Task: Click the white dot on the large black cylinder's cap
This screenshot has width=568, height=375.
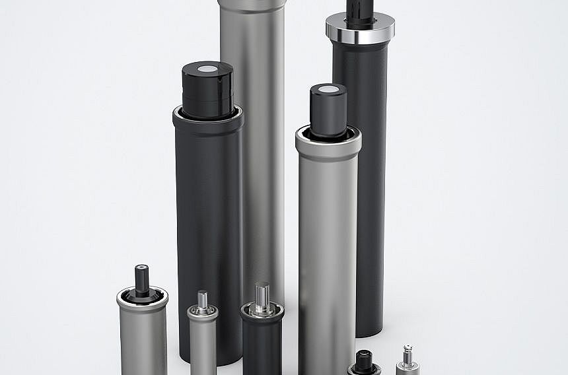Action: click(208, 67)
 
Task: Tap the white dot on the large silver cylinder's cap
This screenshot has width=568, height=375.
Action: click(328, 88)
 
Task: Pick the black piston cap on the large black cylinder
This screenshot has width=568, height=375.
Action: click(208, 92)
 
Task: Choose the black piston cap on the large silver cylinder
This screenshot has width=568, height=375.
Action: click(328, 112)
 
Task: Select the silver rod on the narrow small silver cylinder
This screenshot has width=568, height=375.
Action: click(202, 298)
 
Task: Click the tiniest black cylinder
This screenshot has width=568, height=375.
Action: click(364, 365)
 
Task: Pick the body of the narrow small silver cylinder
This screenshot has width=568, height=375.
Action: click(203, 347)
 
